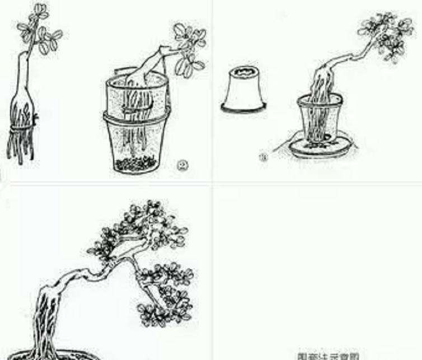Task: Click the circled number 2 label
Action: [182, 165]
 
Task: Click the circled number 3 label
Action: [262, 158]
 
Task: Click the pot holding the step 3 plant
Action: [320, 120]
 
